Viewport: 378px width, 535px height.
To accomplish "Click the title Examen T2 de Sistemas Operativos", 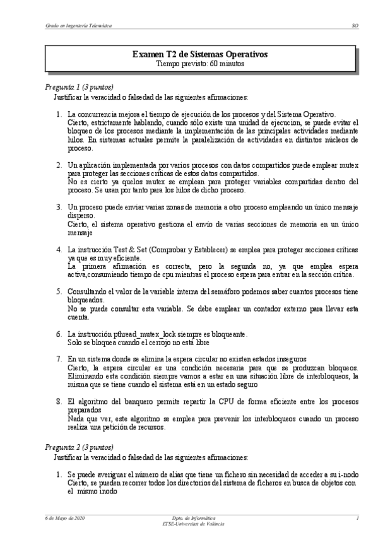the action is point(200,55).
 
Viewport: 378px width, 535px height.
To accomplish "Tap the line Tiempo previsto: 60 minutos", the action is point(200,64).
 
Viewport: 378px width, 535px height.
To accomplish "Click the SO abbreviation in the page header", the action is point(355,26).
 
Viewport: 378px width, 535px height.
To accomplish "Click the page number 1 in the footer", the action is point(357,518).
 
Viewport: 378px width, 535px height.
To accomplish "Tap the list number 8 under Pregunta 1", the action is point(58,401).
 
